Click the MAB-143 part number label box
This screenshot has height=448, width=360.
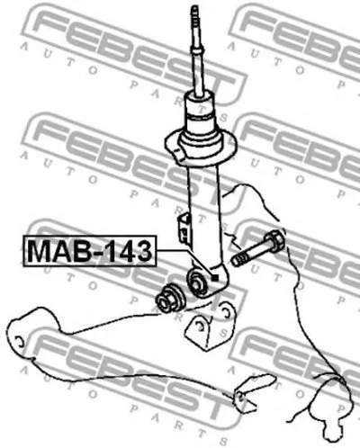point(90,251)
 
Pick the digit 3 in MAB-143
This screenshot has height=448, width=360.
point(142,251)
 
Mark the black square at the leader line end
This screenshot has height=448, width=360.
point(215,278)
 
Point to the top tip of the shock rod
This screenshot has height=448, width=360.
point(195,6)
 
